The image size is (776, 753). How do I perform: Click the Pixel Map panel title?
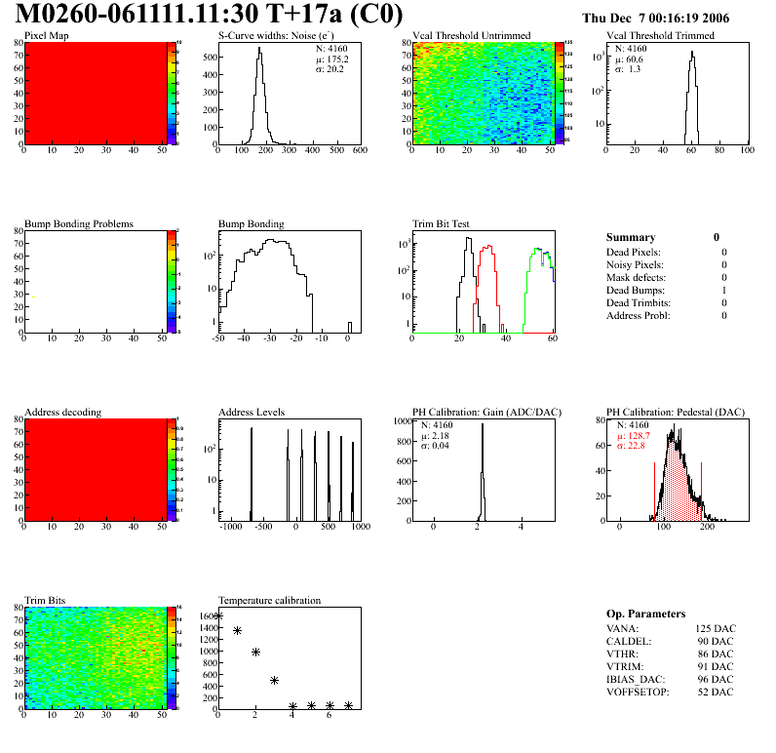(46, 36)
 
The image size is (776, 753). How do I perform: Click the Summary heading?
(631, 237)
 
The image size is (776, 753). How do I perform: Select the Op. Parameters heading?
(645, 614)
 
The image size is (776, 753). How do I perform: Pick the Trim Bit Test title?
(442, 223)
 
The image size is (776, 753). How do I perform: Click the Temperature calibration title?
(269, 600)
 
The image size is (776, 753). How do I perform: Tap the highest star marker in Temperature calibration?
(218, 615)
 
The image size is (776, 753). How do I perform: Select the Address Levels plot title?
(252, 412)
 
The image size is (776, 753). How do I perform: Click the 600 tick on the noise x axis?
(359, 150)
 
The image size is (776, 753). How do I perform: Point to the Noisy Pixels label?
(635, 264)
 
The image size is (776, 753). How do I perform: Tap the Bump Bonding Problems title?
(79, 223)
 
